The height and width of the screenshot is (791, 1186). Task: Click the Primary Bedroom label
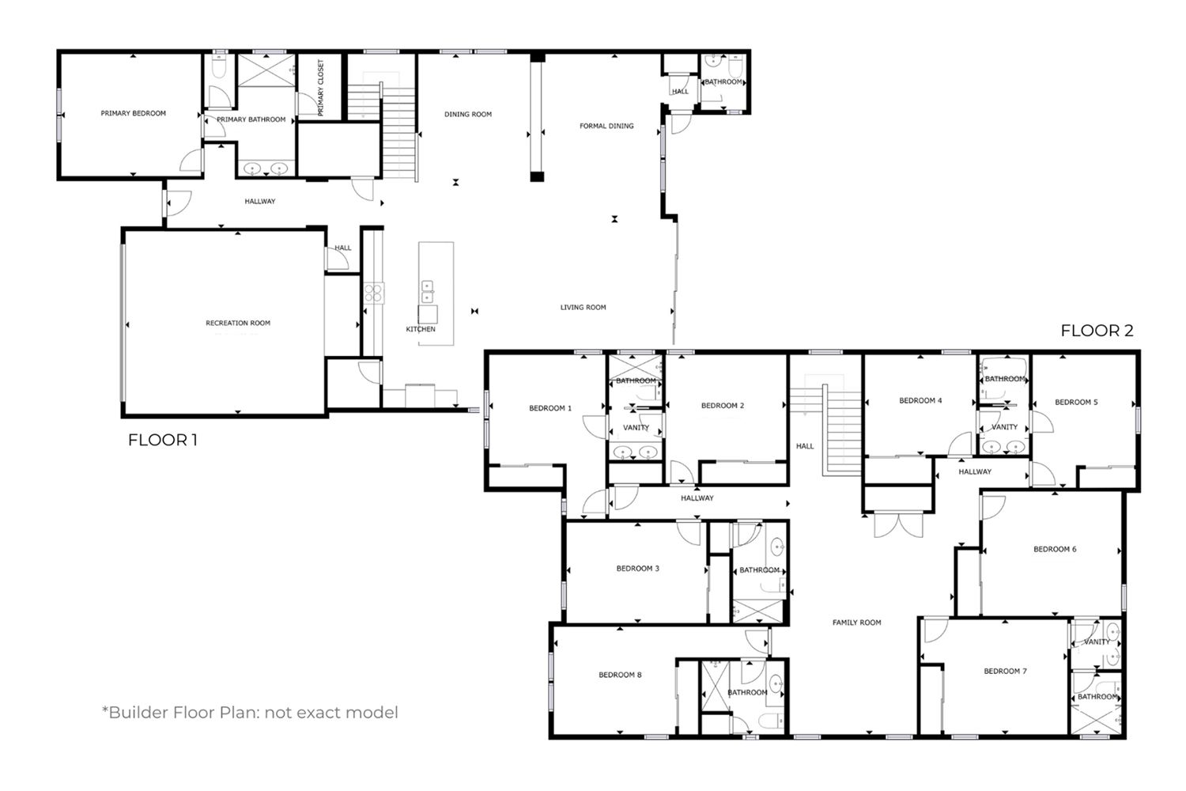point(133,113)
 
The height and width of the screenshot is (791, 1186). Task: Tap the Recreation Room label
point(238,324)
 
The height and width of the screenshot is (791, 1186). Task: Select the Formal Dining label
point(606,126)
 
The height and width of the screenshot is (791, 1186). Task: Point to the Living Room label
point(583,307)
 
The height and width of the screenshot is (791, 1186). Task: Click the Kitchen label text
point(421,330)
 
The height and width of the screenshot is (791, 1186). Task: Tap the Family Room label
point(856,623)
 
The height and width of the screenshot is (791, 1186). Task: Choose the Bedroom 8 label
point(620,675)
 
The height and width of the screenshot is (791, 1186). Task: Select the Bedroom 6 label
point(1055,550)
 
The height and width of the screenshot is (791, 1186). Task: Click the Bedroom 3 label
point(637,569)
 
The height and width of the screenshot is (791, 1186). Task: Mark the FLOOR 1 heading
point(163,440)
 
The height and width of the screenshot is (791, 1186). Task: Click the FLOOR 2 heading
point(1097,331)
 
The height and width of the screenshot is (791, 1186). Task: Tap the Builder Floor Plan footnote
point(250,713)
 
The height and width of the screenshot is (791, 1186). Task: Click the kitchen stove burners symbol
point(373,293)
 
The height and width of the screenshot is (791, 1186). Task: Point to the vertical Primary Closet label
point(320,88)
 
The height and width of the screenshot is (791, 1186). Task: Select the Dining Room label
point(467,115)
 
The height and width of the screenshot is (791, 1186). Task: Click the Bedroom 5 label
point(1076,402)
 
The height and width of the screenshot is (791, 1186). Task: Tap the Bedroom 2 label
point(722,406)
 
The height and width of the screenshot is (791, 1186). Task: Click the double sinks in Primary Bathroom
point(265,169)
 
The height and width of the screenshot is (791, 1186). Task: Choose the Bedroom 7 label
point(1005,672)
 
